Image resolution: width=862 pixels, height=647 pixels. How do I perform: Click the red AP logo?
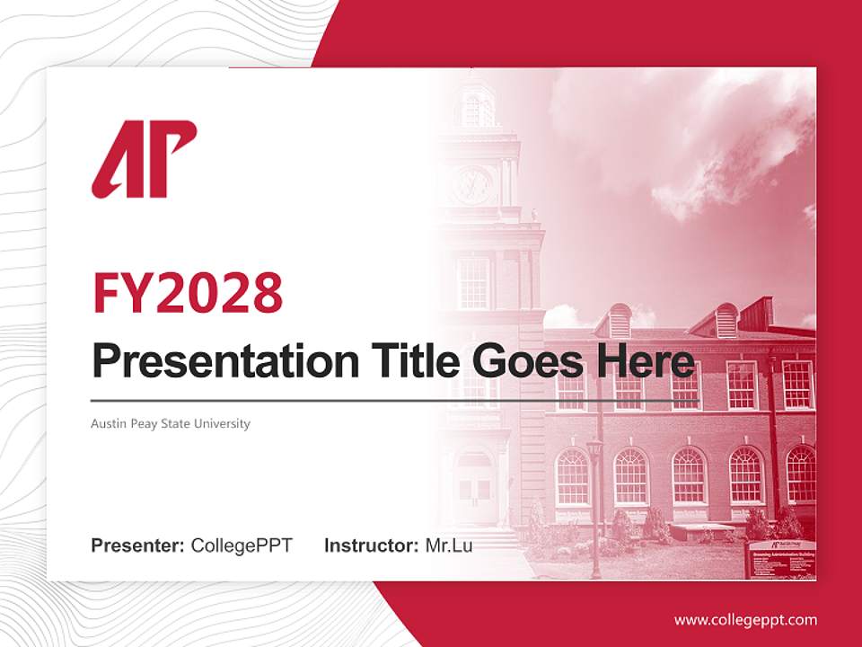(x=144, y=159)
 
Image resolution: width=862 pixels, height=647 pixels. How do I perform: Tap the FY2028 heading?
(x=188, y=293)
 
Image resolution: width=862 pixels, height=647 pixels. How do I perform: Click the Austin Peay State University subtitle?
(x=171, y=423)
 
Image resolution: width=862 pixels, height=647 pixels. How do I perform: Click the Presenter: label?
(x=137, y=545)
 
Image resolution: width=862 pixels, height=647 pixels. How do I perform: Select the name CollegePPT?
(x=242, y=545)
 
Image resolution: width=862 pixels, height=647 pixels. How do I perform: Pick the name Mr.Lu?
(x=448, y=545)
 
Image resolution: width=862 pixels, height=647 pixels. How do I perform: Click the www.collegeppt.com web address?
(x=745, y=620)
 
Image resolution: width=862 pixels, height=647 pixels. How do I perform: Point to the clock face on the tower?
(x=472, y=184)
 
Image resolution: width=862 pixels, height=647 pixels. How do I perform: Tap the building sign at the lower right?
(x=780, y=557)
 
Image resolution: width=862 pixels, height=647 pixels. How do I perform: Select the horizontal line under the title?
(x=395, y=401)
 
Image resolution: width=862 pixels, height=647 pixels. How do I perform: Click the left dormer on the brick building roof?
(x=619, y=322)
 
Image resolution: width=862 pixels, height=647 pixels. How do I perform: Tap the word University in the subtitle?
(x=224, y=423)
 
